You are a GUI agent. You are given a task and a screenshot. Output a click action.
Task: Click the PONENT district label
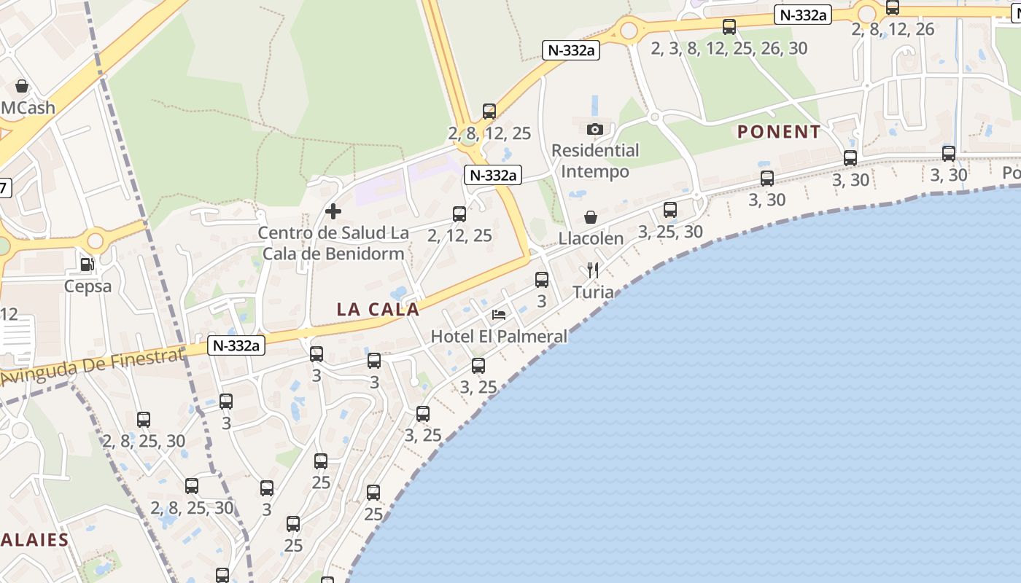[x=779, y=132]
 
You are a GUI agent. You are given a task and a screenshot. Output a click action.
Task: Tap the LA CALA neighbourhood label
[x=378, y=309]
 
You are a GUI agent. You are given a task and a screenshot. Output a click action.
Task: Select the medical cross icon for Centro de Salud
[x=333, y=212]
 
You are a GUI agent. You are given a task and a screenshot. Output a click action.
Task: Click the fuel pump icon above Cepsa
[x=87, y=265]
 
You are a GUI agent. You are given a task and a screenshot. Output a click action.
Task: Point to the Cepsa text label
[x=88, y=286]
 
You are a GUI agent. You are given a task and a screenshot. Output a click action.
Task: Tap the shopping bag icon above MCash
[x=22, y=86]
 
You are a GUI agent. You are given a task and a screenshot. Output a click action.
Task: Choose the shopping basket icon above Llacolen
[x=591, y=217]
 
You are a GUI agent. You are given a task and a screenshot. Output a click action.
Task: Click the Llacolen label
[x=591, y=238]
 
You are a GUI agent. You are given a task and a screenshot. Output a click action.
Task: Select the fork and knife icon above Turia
[x=593, y=271]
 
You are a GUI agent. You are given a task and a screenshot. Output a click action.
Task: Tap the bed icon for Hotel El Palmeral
[x=499, y=315]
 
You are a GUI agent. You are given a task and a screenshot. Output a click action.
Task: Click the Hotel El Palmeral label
[x=499, y=336]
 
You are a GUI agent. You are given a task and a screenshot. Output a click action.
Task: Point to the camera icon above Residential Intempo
[x=595, y=130]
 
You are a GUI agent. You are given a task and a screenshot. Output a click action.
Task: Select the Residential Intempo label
[x=595, y=161]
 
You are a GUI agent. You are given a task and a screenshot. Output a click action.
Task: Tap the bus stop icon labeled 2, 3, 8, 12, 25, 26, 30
[x=729, y=27]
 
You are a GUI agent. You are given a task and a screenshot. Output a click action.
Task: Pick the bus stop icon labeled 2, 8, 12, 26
[x=893, y=8]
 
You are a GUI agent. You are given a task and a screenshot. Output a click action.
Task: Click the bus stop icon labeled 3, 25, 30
[x=670, y=210]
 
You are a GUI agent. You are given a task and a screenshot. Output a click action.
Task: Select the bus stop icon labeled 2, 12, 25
[x=459, y=214]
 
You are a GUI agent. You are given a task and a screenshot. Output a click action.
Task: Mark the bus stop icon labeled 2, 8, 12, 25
[x=489, y=111]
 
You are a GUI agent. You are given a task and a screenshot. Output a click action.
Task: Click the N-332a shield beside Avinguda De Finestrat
[x=236, y=345]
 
